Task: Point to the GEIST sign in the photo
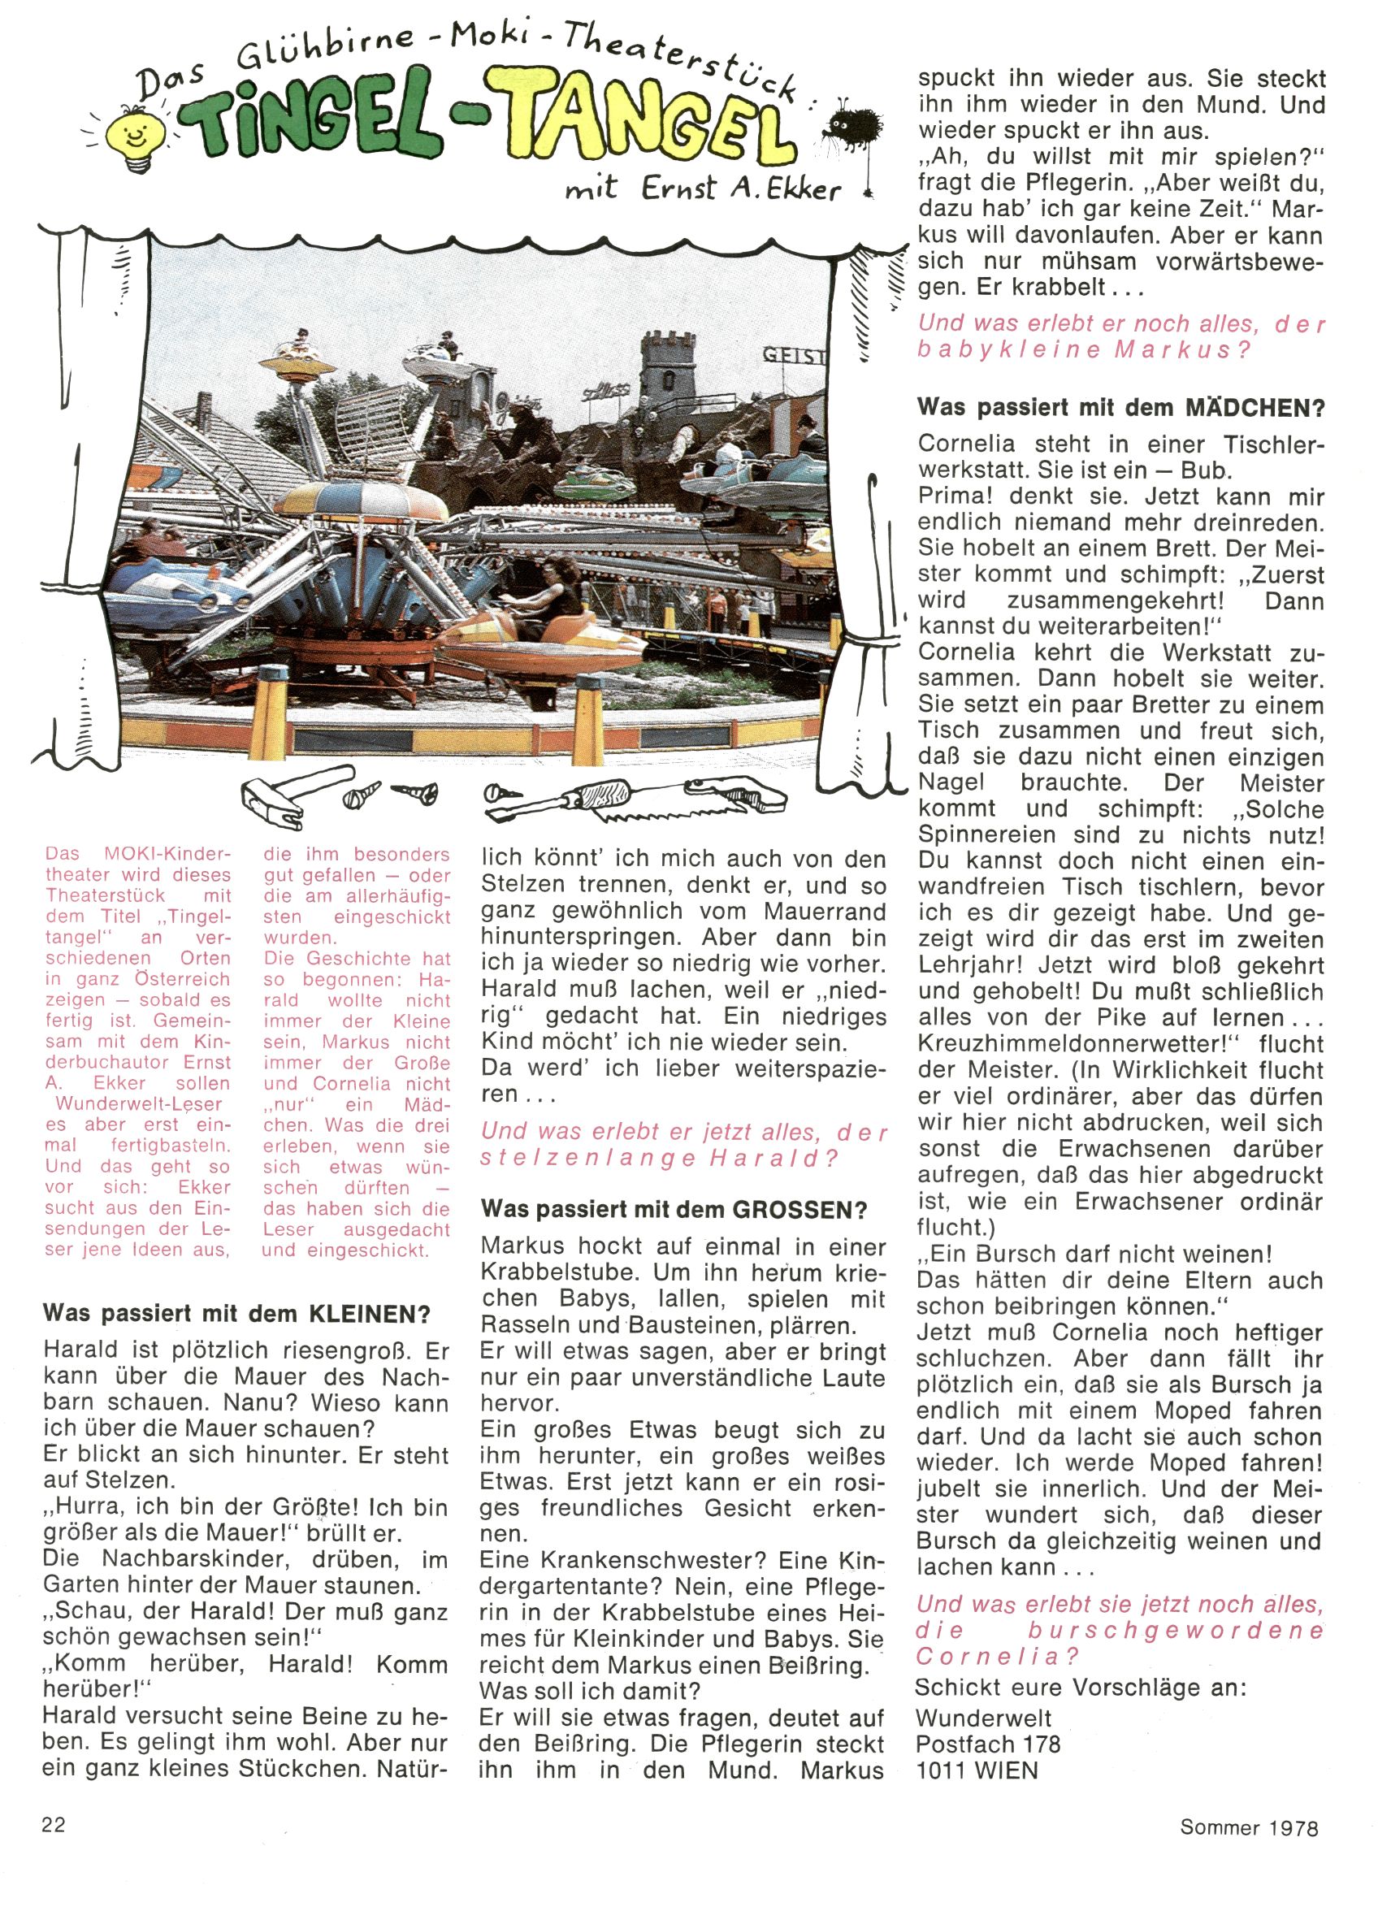(x=795, y=357)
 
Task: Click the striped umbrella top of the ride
(x=361, y=500)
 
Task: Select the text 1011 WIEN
(x=977, y=1770)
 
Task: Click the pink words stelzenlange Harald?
(x=660, y=1158)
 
